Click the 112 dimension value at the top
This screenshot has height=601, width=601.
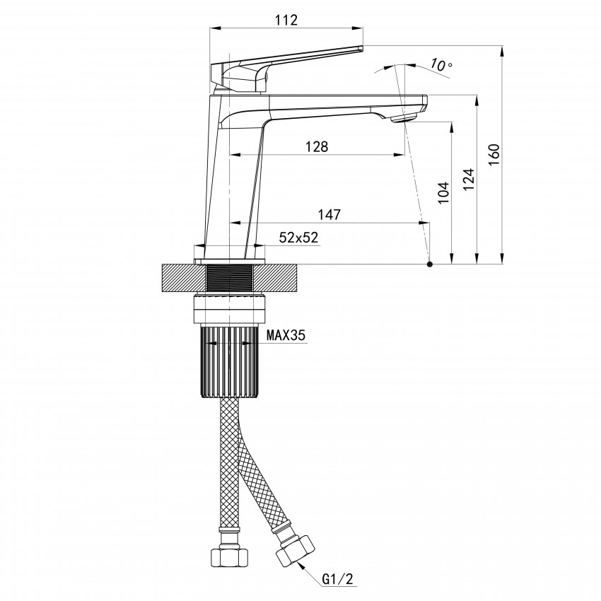coord(286,20)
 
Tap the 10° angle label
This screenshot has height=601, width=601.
coord(440,65)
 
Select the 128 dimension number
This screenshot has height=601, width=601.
coord(317,146)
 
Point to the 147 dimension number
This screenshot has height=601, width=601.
coord(329,215)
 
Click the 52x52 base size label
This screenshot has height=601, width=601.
coord(298,238)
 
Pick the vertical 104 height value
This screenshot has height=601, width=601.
coord(443,193)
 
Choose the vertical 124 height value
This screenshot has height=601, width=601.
coord(469,180)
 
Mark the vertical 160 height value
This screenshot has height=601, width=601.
coord(494,154)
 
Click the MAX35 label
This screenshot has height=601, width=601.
coord(286,335)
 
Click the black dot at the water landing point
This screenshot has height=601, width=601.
coord(430,264)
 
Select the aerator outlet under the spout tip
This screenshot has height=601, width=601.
coord(404,118)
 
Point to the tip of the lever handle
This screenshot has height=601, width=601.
coord(361,48)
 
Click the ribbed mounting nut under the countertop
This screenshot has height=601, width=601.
coord(229,362)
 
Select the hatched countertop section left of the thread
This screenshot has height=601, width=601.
coord(185,278)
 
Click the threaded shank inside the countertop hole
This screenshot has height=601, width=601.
coord(229,278)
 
